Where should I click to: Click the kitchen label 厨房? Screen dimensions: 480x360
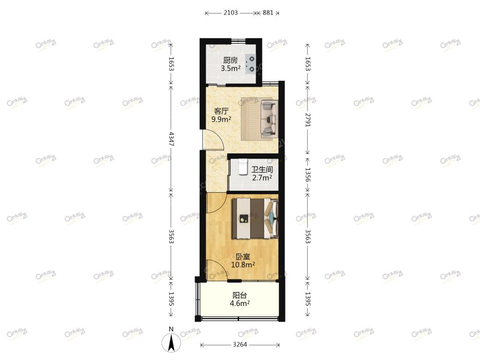pos(230,60)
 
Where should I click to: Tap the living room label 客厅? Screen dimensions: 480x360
pos(221,111)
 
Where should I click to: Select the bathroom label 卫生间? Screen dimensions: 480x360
pos(262,169)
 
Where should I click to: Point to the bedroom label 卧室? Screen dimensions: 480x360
pos(243,256)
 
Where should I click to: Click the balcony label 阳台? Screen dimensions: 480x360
pos(240,295)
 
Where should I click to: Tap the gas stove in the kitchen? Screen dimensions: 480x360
pos(251,64)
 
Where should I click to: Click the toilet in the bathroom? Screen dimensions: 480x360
pos(243,167)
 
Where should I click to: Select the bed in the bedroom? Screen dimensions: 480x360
pos(255,218)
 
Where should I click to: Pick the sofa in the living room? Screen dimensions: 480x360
pos(269,118)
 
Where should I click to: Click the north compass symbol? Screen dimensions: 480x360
pos(171,341)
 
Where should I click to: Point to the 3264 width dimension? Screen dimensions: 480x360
pos(240,345)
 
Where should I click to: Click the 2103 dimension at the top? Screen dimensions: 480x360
pos(231,13)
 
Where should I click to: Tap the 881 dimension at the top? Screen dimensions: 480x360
pos(268,13)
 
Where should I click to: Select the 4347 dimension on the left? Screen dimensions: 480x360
pos(171,139)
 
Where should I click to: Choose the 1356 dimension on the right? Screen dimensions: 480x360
pos(307,174)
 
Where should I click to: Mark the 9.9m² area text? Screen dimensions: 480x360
pos(221,119)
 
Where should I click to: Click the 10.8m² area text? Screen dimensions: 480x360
pos(243,264)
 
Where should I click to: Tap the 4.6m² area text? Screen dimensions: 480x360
pos(240,303)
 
